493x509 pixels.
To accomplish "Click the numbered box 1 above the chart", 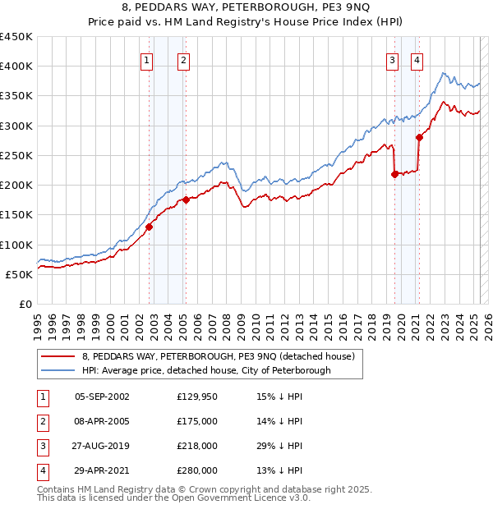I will [146, 59].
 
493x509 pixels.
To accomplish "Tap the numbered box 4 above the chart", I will [417, 59].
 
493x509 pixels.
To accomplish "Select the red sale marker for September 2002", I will [150, 227].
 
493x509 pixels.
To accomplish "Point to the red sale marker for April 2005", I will [187, 199].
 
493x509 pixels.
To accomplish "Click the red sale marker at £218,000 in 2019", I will [395, 174].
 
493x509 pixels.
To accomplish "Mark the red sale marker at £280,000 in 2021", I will [420, 137].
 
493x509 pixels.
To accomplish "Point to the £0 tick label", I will [25, 304].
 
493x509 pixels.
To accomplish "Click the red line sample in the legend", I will [58, 357].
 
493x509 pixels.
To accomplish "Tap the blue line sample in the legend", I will [58, 370].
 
